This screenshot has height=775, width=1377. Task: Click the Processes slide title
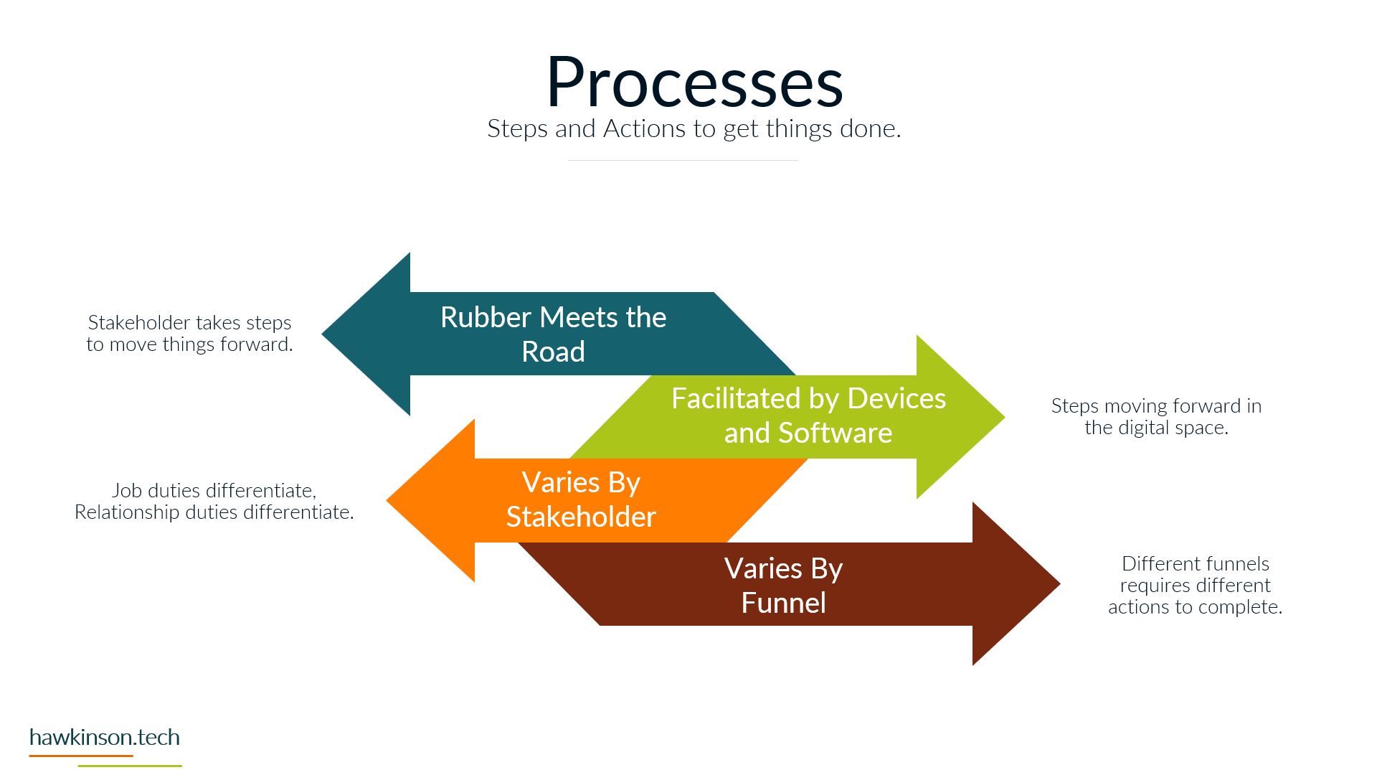click(694, 83)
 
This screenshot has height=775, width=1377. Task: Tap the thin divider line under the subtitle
click(683, 160)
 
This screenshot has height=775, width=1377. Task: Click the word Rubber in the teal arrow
click(485, 317)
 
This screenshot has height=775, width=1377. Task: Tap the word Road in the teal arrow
click(553, 352)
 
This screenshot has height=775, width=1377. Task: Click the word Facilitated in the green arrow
click(736, 398)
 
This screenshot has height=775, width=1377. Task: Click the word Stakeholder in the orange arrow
click(581, 517)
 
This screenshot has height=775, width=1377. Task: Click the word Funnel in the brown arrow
click(783, 603)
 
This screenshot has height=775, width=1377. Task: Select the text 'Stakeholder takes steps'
click(189, 323)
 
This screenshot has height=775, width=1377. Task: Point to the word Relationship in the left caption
click(127, 512)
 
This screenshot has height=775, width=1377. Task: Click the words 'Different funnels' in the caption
click(1195, 564)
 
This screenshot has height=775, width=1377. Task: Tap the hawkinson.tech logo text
click(105, 738)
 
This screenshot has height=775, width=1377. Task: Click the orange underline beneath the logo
click(81, 756)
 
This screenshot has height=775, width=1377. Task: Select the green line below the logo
click(130, 766)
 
